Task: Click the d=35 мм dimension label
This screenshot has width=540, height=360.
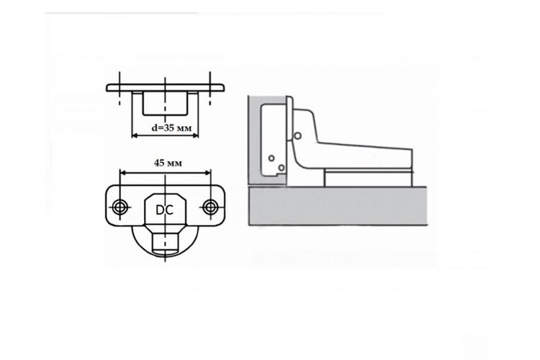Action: tap(171, 128)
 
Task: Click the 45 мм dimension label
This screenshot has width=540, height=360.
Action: tap(168, 163)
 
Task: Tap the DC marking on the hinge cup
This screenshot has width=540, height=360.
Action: tap(164, 210)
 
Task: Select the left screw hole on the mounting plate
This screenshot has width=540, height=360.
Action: tap(120, 207)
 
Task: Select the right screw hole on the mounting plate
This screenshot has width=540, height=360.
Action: tap(210, 207)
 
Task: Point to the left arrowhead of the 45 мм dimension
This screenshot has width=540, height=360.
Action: tap(123, 172)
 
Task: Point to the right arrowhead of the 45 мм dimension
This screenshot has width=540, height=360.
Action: tap(207, 172)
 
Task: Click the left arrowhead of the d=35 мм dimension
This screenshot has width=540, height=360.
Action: tap(135, 135)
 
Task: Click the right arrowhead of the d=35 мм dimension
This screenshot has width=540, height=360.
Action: tap(195, 135)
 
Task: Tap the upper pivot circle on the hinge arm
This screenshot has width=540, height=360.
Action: tap(298, 136)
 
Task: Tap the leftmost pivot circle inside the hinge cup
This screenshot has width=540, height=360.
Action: tap(271, 158)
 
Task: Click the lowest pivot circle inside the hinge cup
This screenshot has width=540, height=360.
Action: tap(282, 168)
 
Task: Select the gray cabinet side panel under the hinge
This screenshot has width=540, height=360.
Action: tap(338, 206)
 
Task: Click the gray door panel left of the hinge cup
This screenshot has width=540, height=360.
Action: tap(254, 141)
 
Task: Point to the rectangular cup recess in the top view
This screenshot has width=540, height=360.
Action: tap(166, 103)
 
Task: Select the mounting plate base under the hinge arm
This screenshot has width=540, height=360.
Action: tap(368, 179)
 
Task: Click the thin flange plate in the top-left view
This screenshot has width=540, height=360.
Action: tap(166, 88)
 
